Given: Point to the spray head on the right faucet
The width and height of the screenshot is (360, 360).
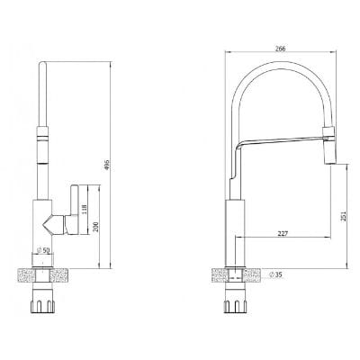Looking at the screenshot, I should (328, 146).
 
